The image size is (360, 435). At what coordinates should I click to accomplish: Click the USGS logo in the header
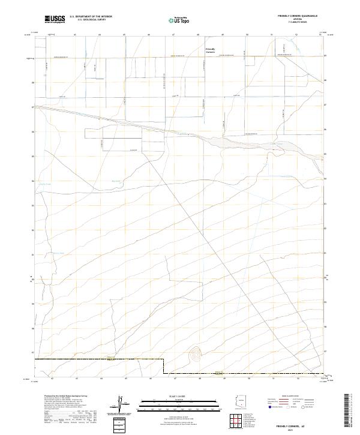pos(55,20)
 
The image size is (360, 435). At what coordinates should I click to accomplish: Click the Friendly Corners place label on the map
pos(210,50)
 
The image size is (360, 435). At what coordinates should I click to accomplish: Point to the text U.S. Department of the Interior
pos(91,17)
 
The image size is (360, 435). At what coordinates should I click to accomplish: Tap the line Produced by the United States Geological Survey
pos(66,396)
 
